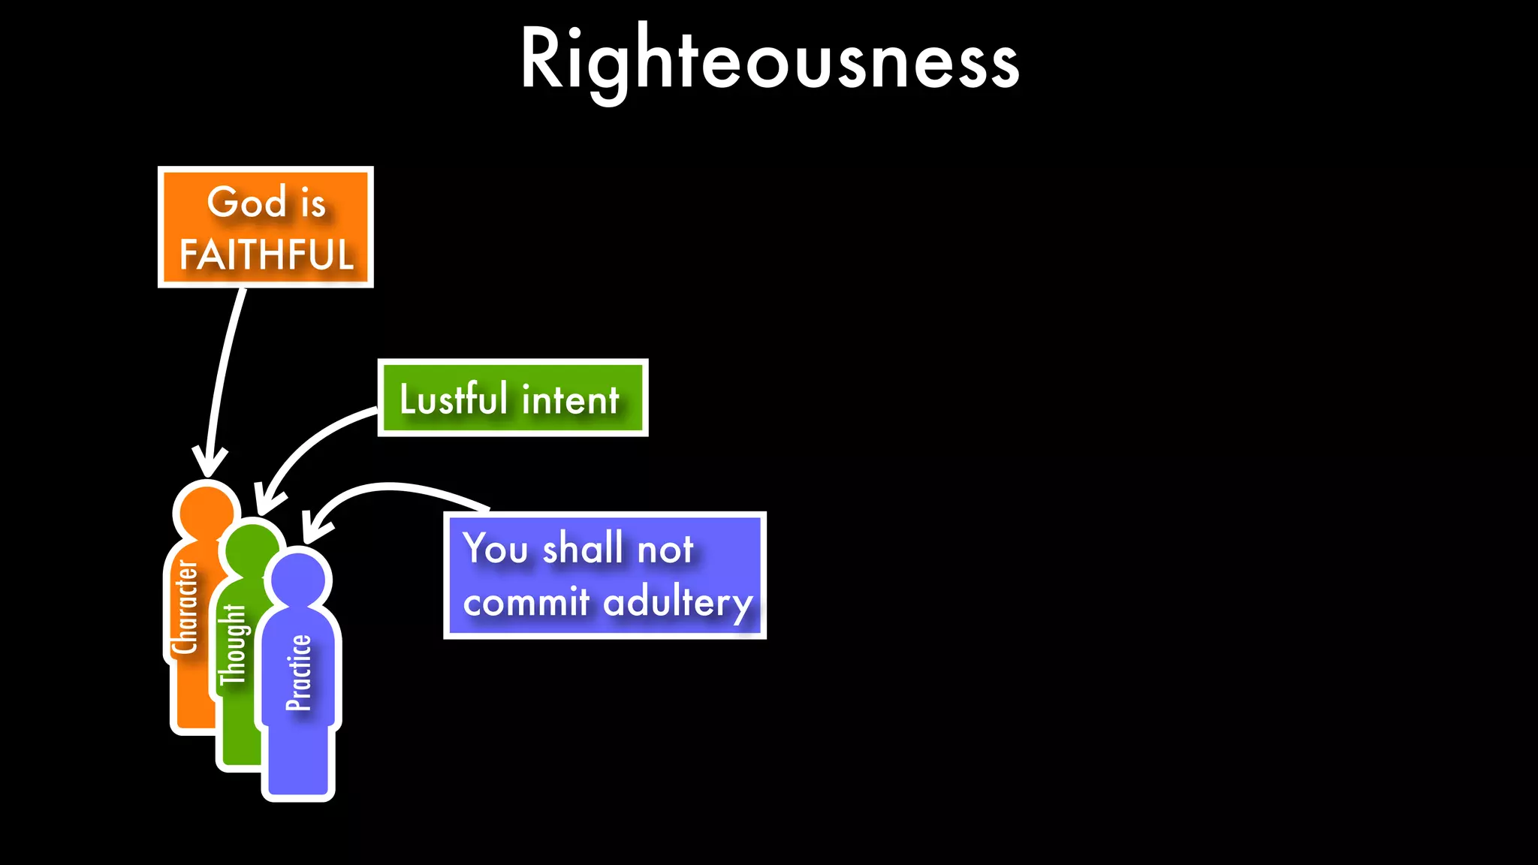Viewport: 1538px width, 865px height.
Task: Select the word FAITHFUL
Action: point(266,255)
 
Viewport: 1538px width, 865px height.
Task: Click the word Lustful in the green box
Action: point(453,399)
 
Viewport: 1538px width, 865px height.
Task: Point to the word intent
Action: point(571,399)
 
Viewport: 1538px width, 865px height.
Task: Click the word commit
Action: point(526,603)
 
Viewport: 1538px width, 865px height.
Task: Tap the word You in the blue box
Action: point(496,548)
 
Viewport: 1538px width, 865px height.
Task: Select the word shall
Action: point(582,548)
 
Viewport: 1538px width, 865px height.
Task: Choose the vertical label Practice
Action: point(298,673)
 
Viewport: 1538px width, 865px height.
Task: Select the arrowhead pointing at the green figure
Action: point(267,502)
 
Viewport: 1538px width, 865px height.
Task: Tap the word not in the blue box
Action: point(665,550)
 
